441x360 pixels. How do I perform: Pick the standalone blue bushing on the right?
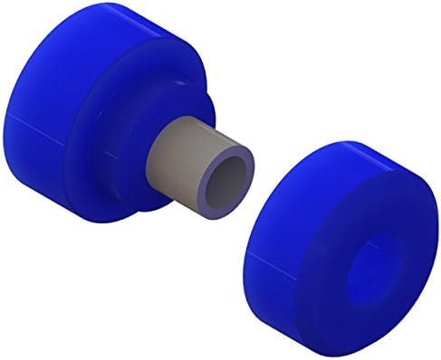point(344,244)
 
